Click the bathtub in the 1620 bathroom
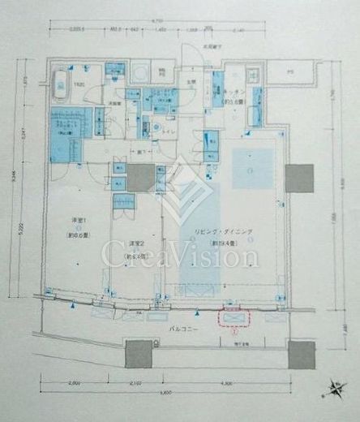coord(61,86)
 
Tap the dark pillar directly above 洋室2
coord(140,178)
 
